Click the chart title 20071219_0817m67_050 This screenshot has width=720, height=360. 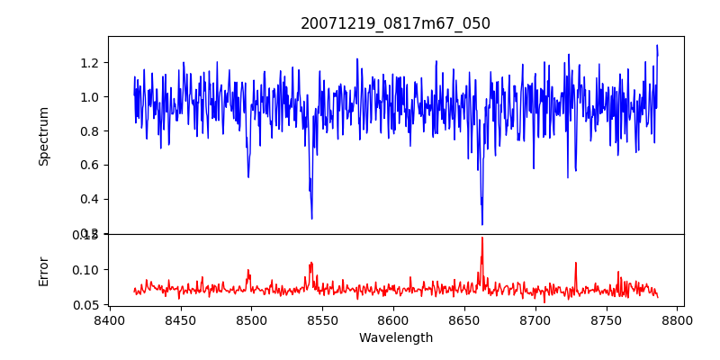395,23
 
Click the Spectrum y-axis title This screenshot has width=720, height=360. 44,136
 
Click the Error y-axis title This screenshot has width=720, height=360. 44,270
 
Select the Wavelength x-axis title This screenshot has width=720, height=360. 395,338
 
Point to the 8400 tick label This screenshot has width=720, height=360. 109,320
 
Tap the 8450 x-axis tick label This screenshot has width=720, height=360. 180,320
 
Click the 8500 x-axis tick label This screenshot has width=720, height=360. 251,320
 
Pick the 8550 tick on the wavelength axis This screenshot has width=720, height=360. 322,320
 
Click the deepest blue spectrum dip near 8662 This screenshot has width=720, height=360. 481,224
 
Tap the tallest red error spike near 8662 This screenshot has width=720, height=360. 482,238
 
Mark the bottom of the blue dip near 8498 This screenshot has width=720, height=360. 248,176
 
